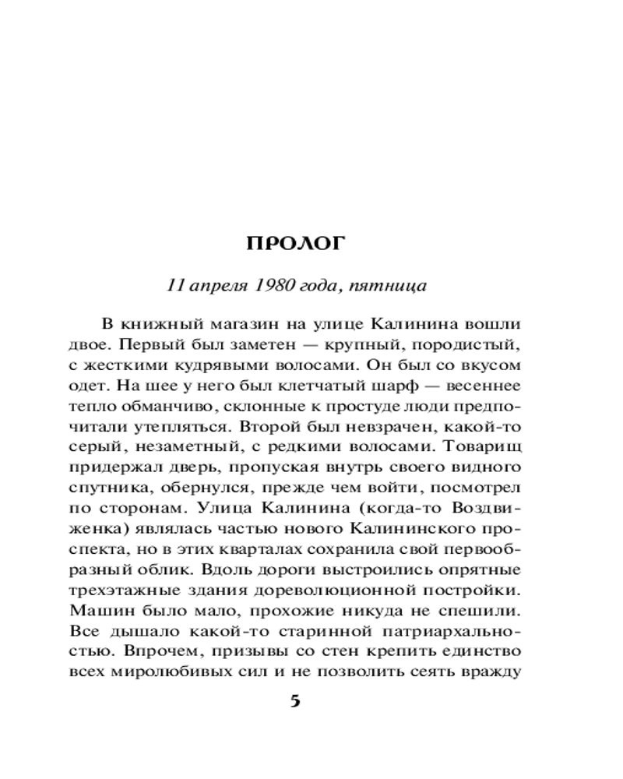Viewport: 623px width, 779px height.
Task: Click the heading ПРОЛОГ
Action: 294,245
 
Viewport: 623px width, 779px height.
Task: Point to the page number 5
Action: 294,701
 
